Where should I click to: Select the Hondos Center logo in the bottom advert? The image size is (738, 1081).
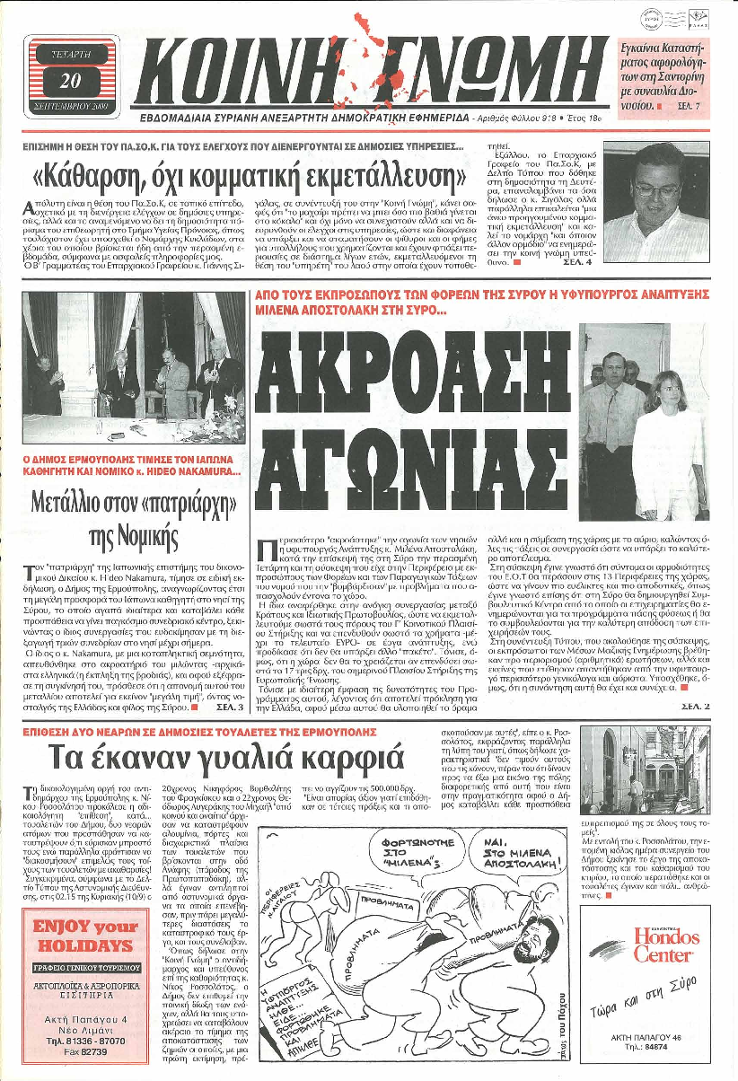coord(658,949)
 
